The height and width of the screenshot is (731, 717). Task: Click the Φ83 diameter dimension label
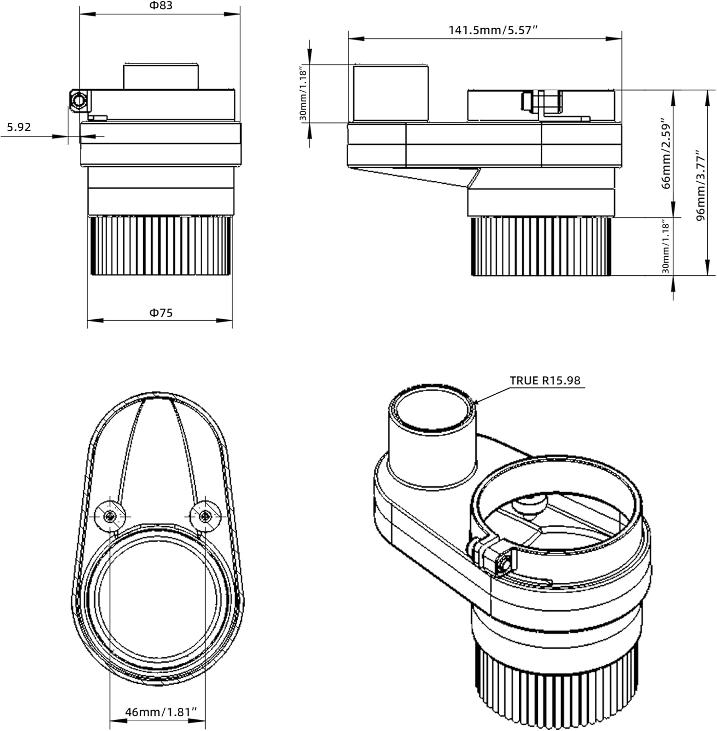[x=160, y=6]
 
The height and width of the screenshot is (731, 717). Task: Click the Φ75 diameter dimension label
[x=160, y=313]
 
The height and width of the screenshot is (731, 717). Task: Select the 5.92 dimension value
[x=19, y=127]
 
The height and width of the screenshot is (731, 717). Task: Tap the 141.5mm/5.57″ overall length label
[x=492, y=30]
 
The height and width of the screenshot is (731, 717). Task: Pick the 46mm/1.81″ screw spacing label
[x=161, y=712]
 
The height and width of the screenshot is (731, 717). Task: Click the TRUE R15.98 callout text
[x=545, y=380]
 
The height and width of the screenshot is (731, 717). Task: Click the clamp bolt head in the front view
[x=78, y=101]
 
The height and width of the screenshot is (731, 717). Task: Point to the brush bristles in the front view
[x=159, y=246]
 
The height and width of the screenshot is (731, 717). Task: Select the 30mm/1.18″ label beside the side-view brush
[x=666, y=246]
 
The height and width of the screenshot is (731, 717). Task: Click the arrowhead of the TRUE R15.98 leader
[x=475, y=403]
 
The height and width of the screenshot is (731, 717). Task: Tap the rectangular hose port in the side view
[x=390, y=94]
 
